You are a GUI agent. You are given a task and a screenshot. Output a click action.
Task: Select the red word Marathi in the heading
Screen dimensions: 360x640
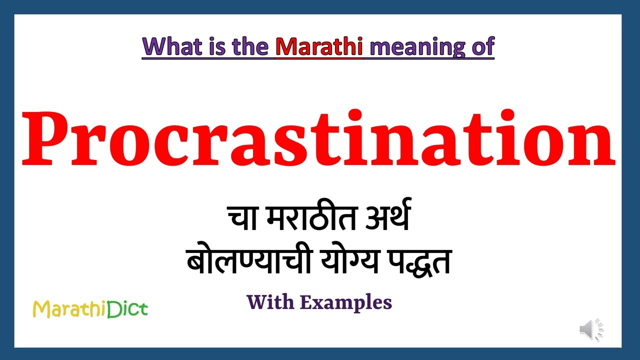319,46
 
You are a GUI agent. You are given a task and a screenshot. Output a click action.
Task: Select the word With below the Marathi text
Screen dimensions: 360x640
270,302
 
